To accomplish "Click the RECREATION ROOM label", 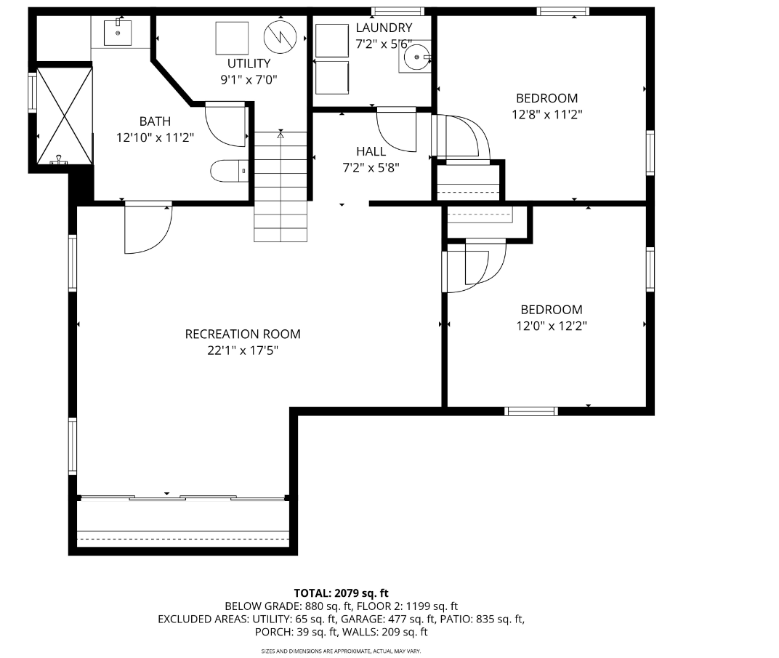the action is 243,334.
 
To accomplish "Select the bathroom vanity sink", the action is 118,32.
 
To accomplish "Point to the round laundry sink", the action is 416,57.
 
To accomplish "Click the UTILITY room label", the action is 249,63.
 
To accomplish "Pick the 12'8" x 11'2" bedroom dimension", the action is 547,114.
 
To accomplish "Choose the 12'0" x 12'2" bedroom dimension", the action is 552,326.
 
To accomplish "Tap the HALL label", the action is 371,151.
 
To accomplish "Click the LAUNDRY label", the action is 384,28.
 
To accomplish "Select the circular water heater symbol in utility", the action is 280,37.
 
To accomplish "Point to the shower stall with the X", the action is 65,116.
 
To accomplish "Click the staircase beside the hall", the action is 280,186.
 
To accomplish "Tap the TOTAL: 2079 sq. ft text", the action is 341,593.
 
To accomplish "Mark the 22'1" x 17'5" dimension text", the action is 243,350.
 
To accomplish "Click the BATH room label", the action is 155,121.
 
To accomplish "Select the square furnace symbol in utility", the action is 232,39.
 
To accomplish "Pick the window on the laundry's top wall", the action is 397,11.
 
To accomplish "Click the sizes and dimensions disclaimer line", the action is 341,651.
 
